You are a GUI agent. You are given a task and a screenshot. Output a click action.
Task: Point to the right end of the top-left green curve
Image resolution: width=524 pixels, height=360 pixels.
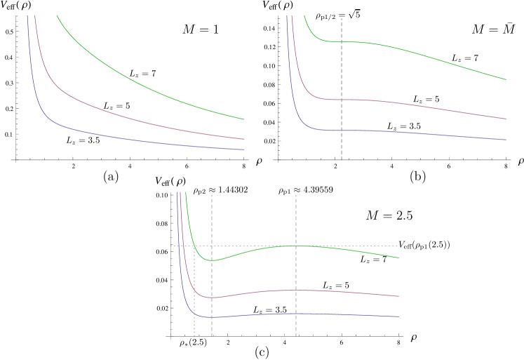pyautogui.click(x=243, y=119)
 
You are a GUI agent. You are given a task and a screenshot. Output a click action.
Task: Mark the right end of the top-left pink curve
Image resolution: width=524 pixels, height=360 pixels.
pyautogui.click(x=243, y=139)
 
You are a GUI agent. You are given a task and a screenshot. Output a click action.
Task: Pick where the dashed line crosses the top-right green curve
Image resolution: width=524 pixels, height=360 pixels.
pyautogui.click(x=342, y=42)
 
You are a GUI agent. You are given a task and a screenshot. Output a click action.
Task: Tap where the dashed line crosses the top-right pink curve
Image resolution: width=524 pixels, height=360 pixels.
pyautogui.click(x=342, y=100)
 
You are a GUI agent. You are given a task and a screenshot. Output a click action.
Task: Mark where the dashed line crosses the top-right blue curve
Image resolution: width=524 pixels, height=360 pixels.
pyautogui.click(x=342, y=131)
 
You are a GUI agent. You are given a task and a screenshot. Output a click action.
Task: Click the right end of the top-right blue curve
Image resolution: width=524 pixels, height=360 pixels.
pyautogui.click(x=505, y=140)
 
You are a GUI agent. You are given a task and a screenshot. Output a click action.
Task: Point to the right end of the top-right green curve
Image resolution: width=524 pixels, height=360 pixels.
pyautogui.click(x=505, y=79)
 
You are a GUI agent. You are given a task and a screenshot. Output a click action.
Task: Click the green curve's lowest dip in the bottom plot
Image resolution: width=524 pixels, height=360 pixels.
pyautogui.click(x=211, y=260)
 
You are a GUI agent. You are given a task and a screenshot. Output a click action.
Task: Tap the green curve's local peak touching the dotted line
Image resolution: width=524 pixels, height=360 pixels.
pyautogui.click(x=296, y=246)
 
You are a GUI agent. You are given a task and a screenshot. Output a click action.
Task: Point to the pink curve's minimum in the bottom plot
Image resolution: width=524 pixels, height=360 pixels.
pyautogui.click(x=212, y=298)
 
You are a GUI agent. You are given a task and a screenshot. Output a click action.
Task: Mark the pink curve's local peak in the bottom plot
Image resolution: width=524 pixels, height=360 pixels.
pyautogui.click(x=296, y=290)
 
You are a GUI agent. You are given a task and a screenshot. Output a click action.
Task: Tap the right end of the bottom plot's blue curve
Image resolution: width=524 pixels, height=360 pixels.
pyautogui.click(x=398, y=316)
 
